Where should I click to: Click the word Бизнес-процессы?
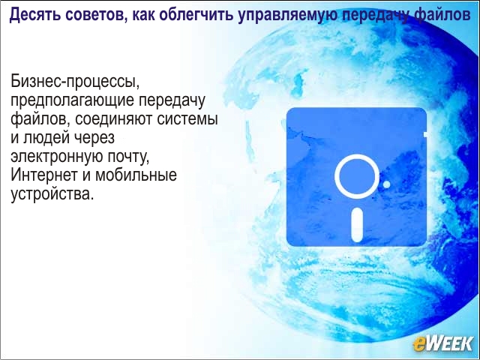75,82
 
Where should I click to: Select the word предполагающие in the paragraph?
72,100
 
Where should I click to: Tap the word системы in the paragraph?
187,119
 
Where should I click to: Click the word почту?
127,157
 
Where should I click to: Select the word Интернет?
43,175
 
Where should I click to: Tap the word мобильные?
136,175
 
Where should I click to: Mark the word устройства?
52,194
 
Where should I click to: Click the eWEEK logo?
443,343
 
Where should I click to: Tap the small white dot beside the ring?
387,184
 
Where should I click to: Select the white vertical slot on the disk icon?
357,225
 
